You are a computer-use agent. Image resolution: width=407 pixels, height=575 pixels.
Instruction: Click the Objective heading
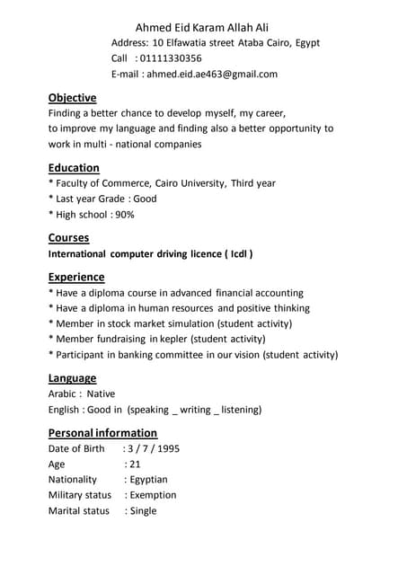click(72, 97)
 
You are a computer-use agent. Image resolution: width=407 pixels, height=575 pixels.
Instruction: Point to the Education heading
click(74, 167)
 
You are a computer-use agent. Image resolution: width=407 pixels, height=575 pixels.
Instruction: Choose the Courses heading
click(68, 237)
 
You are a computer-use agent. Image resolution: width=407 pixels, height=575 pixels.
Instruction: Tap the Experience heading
click(76, 277)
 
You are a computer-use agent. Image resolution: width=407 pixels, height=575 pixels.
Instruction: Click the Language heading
click(72, 378)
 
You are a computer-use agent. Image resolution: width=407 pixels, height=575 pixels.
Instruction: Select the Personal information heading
click(102, 432)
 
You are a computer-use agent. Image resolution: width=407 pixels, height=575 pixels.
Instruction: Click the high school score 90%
click(124, 215)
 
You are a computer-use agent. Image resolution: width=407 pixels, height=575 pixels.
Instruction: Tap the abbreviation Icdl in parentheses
click(237, 254)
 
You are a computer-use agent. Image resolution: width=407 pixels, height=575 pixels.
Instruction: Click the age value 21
click(135, 464)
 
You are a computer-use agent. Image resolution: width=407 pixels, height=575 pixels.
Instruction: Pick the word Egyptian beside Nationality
click(148, 480)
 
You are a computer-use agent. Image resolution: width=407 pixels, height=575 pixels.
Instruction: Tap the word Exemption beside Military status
click(153, 495)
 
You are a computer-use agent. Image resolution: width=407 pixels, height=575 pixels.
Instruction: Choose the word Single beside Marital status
click(143, 511)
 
